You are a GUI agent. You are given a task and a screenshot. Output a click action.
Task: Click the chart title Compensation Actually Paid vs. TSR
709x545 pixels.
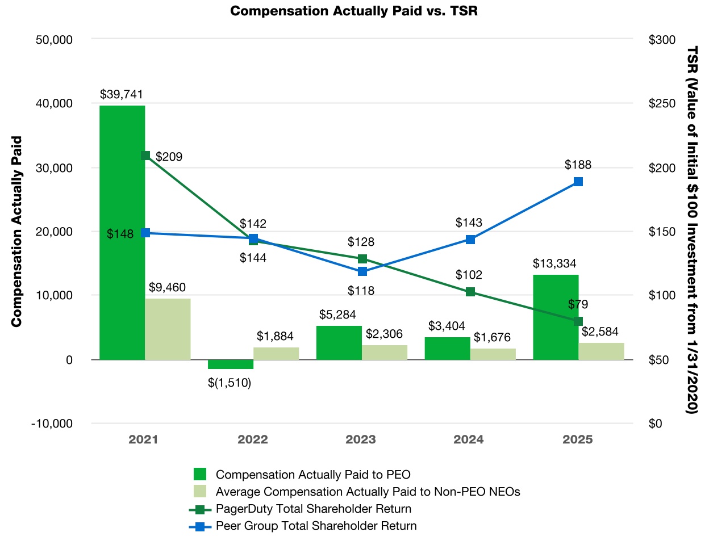pos(353,11)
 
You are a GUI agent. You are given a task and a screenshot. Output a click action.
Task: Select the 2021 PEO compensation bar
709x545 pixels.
pos(122,233)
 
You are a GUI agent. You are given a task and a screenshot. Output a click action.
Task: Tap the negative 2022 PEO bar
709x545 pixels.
pos(230,364)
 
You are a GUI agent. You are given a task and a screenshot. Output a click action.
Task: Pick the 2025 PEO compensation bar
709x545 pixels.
pos(556,317)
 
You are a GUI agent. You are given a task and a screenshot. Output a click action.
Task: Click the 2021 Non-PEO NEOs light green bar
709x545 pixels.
pos(168,329)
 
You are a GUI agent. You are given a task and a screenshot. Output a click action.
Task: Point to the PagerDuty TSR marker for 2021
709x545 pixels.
pos(145,156)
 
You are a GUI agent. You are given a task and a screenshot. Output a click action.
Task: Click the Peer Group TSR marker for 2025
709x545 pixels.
pos(578,182)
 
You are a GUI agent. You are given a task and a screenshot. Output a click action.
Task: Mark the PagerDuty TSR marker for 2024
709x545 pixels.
pos(470,292)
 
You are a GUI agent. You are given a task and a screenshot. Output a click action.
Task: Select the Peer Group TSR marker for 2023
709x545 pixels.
pos(362,271)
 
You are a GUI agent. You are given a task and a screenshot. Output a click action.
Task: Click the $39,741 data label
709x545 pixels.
pos(121,94)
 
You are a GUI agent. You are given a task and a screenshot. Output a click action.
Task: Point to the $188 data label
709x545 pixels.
pos(578,165)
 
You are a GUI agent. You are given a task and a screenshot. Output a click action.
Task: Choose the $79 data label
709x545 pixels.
pos(578,305)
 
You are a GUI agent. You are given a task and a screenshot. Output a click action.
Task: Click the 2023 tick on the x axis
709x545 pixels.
pos(361,439)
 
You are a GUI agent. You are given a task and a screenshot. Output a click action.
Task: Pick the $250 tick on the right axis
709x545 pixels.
pos(662,103)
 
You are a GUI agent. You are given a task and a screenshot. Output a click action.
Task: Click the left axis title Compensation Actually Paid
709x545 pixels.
pos(16,232)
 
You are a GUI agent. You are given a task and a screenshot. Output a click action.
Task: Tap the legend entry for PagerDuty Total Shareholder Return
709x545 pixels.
pos(313,509)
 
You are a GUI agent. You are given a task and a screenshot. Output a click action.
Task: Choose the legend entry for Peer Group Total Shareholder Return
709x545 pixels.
pos(316,526)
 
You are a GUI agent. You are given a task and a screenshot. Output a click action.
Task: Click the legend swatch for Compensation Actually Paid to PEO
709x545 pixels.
pos(200,475)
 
